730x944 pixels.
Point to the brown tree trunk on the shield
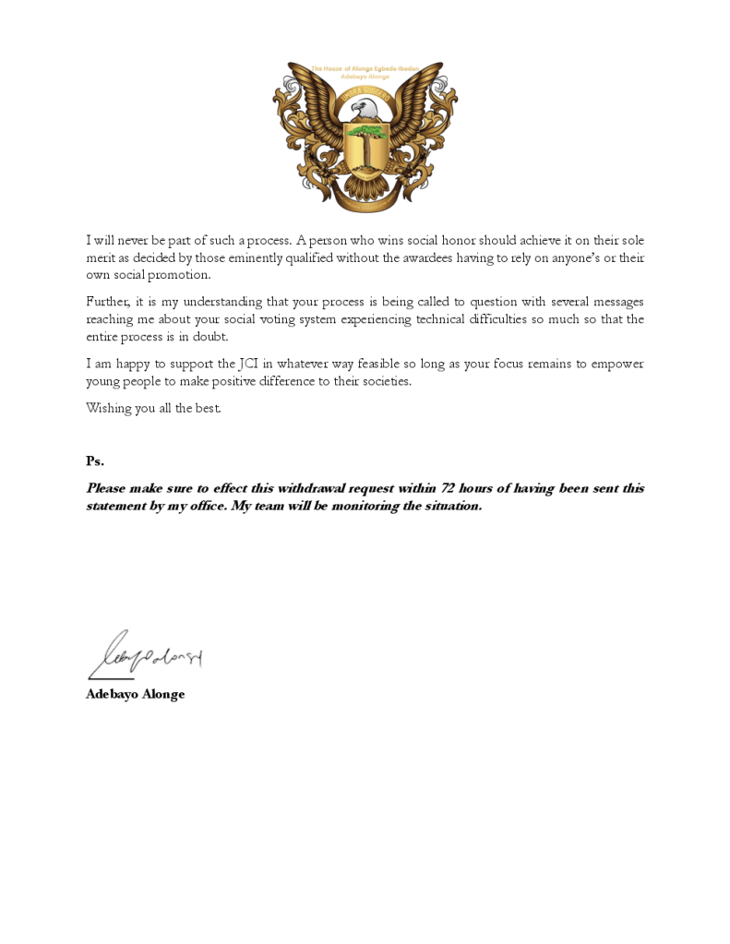[365, 153]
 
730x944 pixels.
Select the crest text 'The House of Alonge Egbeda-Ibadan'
[365, 68]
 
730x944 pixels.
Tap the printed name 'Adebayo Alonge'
[135, 694]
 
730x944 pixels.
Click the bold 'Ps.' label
[95, 460]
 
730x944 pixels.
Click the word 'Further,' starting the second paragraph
[110, 302]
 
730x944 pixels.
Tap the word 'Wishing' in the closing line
[108, 408]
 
